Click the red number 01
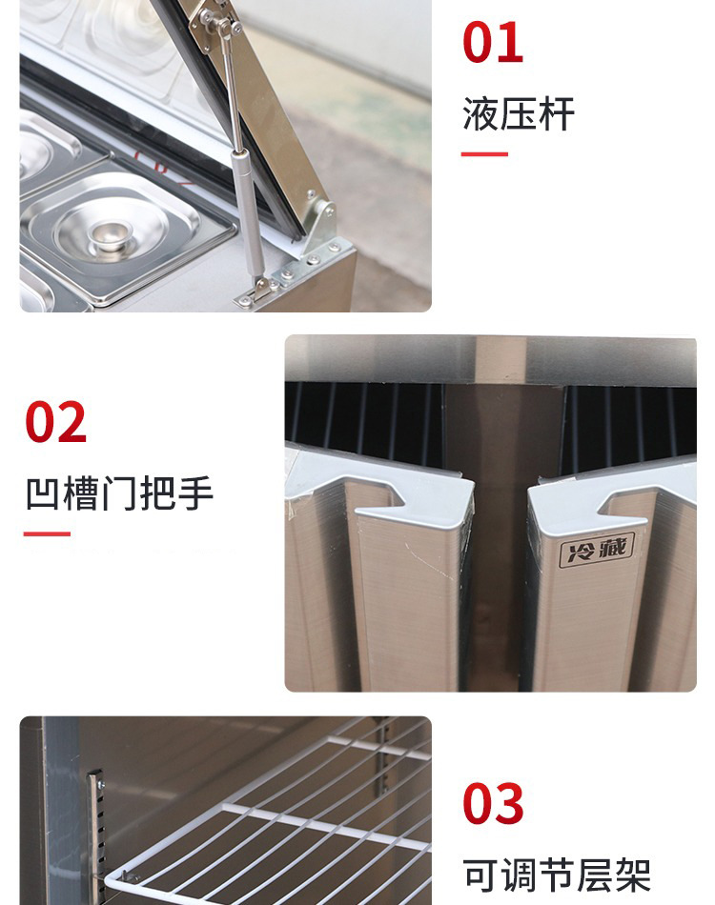click(x=493, y=42)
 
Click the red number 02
click(x=55, y=422)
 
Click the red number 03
click(x=493, y=803)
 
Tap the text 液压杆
click(x=518, y=114)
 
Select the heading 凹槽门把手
click(x=119, y=494)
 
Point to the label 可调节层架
click(x=557, y=875)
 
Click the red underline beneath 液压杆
click(x=484, y=154)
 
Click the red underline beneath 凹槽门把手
click(x=47, y=533)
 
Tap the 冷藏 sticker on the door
click(x=597, y=550)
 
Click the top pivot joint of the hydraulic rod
click(x=221, y=23)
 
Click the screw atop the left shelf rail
click(x=102, y=784)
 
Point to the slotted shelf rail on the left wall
click(x=96, y=837)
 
